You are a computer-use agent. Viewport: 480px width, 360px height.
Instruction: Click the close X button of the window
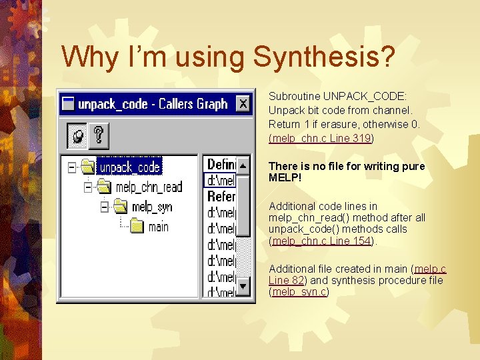tap(243, 104)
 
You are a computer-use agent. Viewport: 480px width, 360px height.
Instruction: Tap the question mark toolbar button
tap(99, 137)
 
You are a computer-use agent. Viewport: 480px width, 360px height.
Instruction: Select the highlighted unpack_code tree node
tap(129, 167)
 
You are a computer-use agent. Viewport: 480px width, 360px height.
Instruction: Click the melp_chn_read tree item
tap(148, 187)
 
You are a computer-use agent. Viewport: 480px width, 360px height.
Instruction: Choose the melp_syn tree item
tap(151, 207)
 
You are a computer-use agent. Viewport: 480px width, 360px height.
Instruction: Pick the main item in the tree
tap(158, 227)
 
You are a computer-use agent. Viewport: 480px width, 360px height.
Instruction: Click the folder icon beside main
tap(137, 227)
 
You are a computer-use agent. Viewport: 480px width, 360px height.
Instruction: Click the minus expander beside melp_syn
tap(105, 207)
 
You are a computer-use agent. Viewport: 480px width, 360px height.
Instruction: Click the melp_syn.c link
tap(299, 292)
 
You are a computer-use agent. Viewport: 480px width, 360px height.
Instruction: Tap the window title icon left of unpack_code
tap(68, 104)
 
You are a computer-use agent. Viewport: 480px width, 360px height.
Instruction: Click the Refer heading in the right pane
tap(221, 197)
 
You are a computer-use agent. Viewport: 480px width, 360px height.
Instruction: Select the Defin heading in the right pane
tap(221, 164)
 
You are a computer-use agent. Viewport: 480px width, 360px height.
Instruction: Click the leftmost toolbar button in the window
tap(77, 137)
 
